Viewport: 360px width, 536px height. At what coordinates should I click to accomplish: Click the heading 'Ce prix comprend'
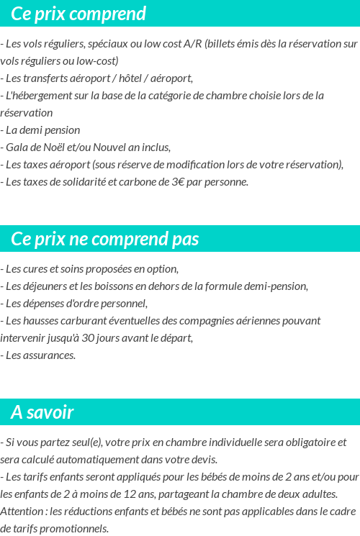click(x=78, y=14)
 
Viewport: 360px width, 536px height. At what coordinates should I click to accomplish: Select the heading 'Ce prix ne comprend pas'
click(x=105, y=239)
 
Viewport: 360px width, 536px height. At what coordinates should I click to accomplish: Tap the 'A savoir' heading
click(x=42, y=412)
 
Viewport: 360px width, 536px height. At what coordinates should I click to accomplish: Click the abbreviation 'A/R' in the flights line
click(x=192, y=44)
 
